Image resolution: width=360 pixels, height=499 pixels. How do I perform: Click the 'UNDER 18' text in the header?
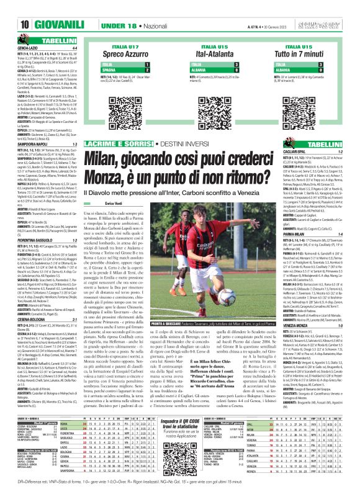119,25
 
